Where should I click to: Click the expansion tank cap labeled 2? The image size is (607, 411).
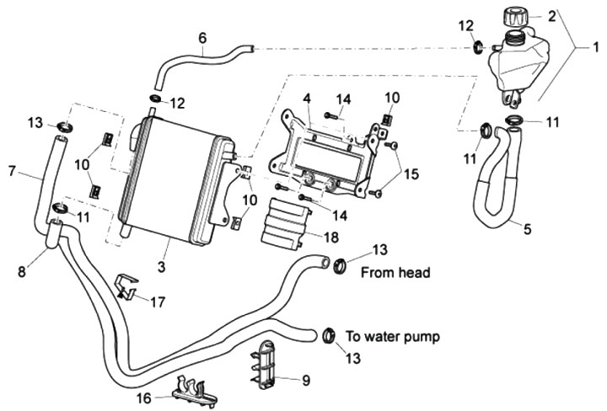click(515, 17)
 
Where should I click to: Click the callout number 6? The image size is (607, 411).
click(202, 37)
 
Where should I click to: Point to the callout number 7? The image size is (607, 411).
click(11, 171)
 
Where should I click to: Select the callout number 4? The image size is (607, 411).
click(307, 98)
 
